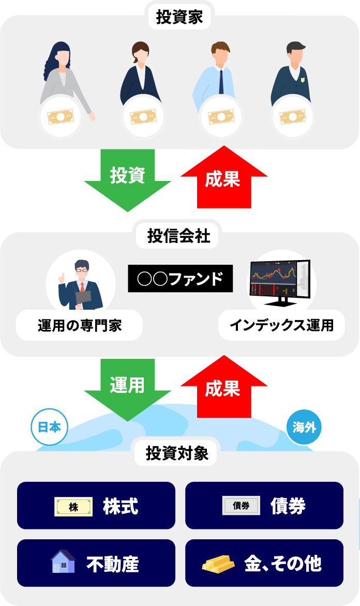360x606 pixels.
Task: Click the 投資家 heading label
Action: click(x=179, y=18)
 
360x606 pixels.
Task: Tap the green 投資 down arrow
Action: click(x=127, y=178)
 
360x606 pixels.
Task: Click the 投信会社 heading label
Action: click(x=179, y=236)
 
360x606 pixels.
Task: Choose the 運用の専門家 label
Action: click(x=79, y=326)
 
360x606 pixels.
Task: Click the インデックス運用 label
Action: click(x=281, y=326)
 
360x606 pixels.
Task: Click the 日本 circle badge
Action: click(x=50, y=428)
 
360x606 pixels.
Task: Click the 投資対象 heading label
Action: click(x=177, y=454)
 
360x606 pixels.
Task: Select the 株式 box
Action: click(x=96, y=506)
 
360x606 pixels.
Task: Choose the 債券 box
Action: click(x=264, y=506)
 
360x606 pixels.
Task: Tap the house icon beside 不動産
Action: click(x=63, y=563)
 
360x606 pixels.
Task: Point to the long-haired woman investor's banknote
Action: click(x=61, y=117)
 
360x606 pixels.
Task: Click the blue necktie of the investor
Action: click(x=221, y=82)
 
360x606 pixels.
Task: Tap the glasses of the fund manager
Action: click(x=82, y=270)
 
